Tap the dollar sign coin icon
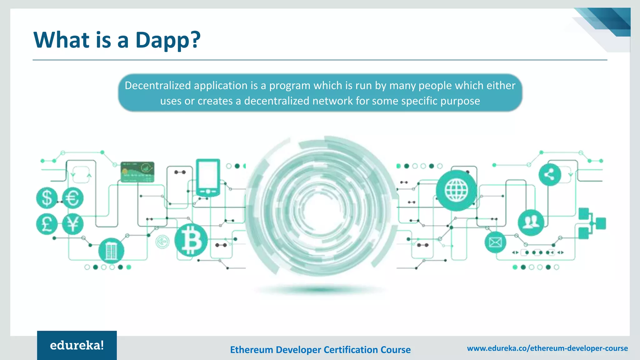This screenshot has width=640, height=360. pos(47,198)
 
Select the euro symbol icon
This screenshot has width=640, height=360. pos(73,198)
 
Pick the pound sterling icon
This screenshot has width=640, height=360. pos(47,224)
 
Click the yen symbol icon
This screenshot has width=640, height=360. pos(73,224)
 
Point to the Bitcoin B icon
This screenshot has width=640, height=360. pos(191,240)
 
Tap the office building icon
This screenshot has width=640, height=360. pos(111,251)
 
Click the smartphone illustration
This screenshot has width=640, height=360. pos(208,177)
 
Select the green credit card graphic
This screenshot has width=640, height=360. pos(137,172)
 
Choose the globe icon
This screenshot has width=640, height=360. pos(456,190)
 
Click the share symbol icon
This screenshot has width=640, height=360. pos(550,175)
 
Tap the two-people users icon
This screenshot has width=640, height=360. pos(531,222)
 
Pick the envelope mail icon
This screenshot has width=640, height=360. pos(495,242)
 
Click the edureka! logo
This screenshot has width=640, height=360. pos(77,345)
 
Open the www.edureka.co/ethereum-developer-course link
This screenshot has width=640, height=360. pos(547,348)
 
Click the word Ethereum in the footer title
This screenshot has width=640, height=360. pos(251,350)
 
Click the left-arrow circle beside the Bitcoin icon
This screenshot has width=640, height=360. pos(162,242)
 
